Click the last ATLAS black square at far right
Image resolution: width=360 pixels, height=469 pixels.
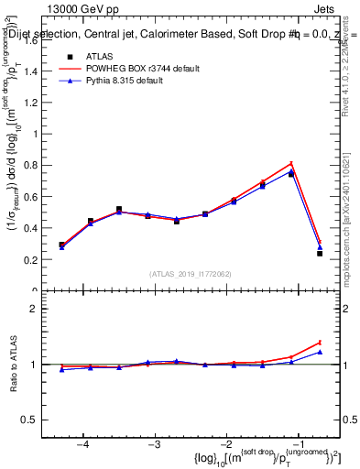click(x=320, y=253)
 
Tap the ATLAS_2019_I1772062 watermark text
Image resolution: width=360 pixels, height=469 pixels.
click(x=191, y=274)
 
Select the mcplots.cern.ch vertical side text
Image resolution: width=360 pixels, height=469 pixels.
click(x=351, y=220)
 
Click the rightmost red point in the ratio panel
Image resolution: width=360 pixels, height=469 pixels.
click(x=320, y=343)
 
